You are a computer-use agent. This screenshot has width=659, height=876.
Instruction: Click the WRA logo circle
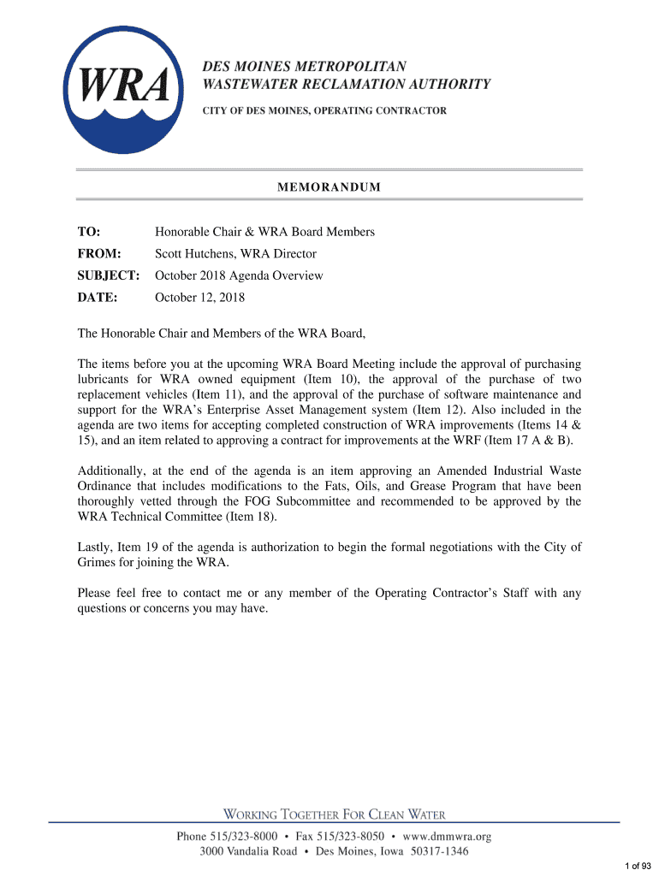[125, 88]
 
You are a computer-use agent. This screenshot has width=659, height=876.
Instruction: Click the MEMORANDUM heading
[329, 187]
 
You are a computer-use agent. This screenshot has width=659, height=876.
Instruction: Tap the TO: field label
[89, 232]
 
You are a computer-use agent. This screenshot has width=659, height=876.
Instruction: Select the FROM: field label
[99, 253]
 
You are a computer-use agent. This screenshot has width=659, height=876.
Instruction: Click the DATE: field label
[97, 298]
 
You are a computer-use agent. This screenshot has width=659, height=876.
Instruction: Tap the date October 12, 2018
[199, 298]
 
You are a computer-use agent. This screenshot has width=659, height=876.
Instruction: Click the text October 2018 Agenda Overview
[239, 275]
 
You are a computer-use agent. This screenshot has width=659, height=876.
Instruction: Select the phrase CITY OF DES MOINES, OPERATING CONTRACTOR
[324, 111]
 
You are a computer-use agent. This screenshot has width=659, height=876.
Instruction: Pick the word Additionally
[111, 471]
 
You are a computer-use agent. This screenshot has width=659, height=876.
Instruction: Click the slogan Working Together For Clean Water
[335, 814]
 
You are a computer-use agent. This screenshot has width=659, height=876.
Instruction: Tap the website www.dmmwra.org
[446, 836]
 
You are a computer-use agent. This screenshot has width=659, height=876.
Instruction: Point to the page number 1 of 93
[638, 867]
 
